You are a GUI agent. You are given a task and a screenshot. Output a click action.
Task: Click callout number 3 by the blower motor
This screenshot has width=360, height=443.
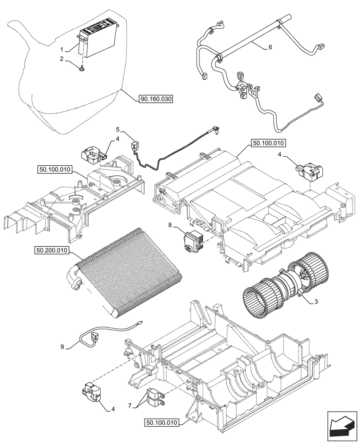pyautogui.click(x=316, y=301)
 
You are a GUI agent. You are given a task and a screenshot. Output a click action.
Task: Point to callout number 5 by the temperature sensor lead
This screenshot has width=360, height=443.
pyautogui.click(x=118, y=130)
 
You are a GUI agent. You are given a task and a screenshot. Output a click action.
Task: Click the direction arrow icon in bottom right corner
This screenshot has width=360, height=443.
pyautogui.click(x=341, y=426)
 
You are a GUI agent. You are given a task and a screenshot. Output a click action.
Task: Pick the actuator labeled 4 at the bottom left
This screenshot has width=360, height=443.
pyautogui.click(x=91, y=391)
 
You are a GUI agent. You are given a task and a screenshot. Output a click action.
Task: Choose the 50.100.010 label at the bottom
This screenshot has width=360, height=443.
pyautogui.click(x=160, y=424)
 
